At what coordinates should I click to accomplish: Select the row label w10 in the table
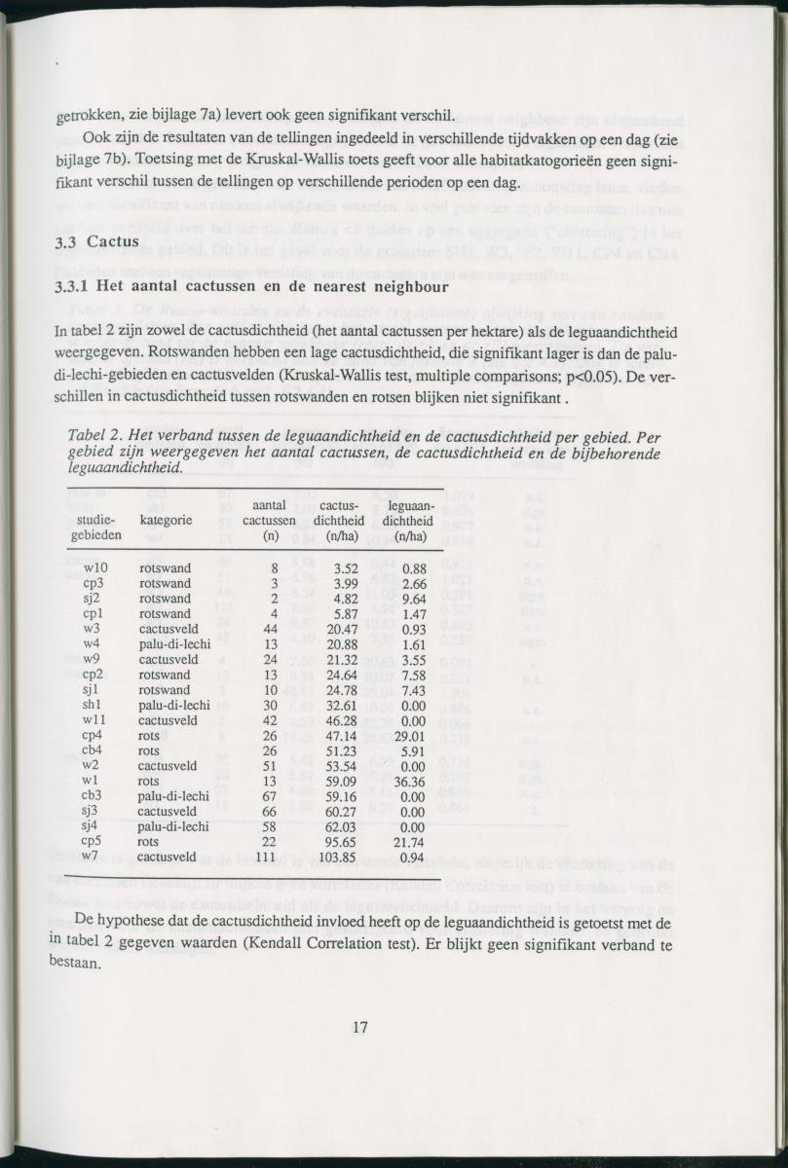(x=95, y=567)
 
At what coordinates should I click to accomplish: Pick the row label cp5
(x=94, y=840)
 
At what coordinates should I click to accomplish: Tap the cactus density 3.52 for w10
(x=348, y=567)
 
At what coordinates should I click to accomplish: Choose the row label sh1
(x=94, y=705)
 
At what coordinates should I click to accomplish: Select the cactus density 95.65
(x=345, y=840)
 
